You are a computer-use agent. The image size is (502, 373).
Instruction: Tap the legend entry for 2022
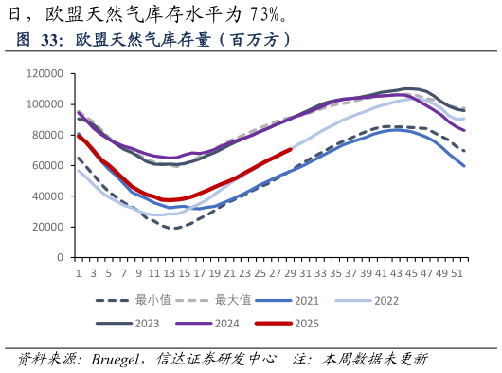(x=385, y=300)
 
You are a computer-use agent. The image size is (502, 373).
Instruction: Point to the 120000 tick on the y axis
(x=45, y=73)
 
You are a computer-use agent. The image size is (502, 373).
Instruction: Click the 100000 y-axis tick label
(x=45, y=103)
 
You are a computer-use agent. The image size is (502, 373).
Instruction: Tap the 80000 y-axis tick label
(x=47, y=135)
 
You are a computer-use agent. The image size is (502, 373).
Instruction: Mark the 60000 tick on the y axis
(x=47, y=165)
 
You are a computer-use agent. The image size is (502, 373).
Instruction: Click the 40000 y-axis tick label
(x=47, y=196)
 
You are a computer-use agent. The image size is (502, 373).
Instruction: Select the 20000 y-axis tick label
(x=47, y=227)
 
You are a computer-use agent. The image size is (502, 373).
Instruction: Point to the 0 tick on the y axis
(x=60, y=257)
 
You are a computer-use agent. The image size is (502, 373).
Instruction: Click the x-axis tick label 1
(x=78, y=272)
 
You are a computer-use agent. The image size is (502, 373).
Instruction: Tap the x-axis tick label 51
(x=457, y=272)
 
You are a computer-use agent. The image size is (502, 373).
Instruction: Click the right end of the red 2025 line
(x=290, y=149)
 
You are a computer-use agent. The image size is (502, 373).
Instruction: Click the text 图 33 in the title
(x=39, y=40)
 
